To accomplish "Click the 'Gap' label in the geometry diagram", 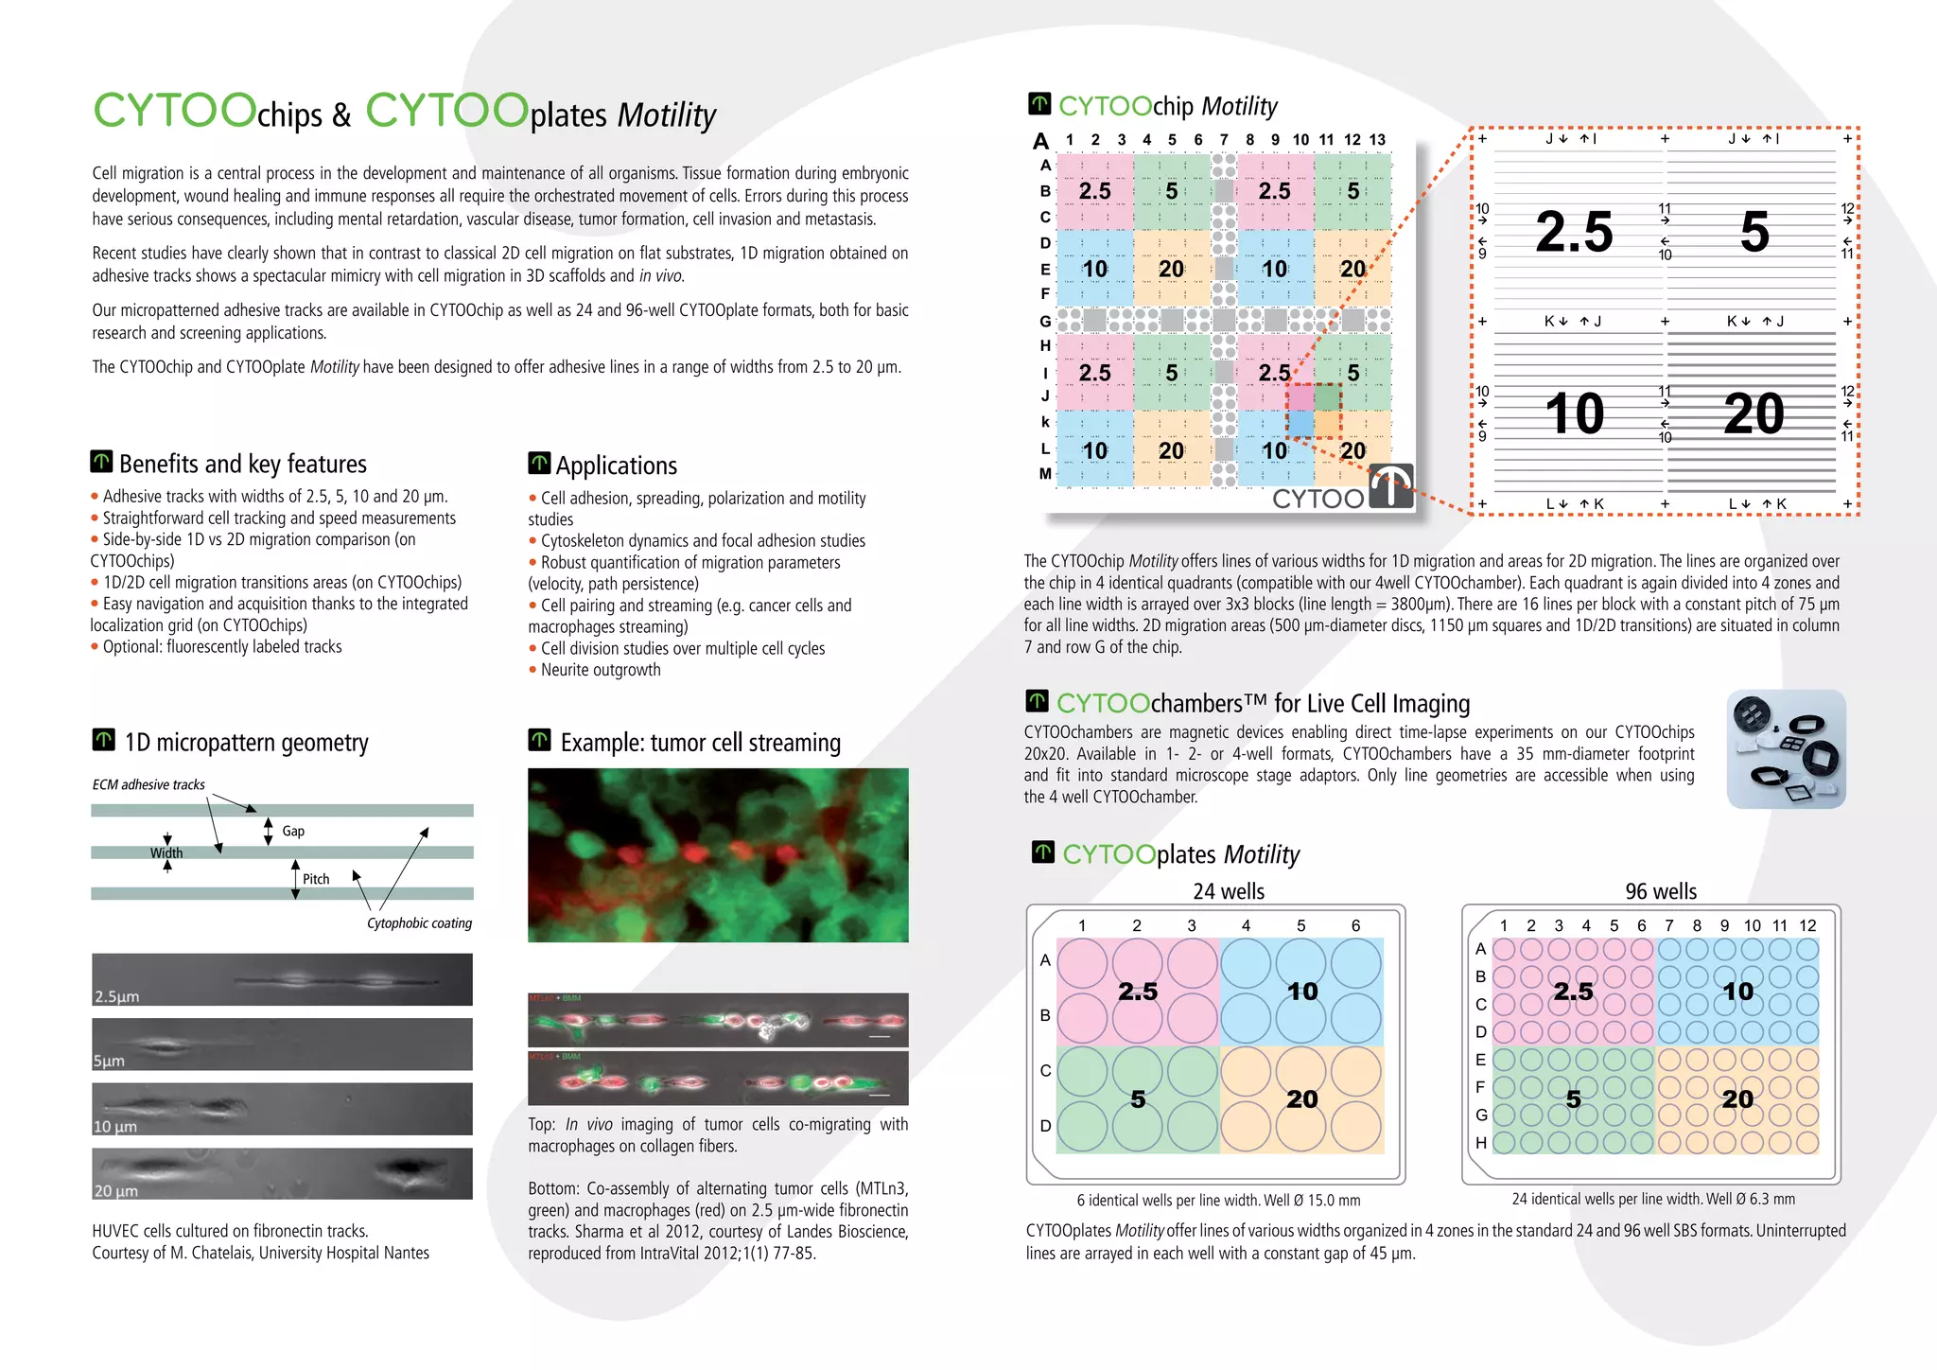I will [x=293, y=831].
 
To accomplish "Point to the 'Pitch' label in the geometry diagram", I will [x=316, y=879].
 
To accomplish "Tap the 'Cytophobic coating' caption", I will [x=419, y=923].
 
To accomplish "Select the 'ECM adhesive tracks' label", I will [x=148, y=784].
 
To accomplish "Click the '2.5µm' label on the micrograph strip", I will [x=116, y=996].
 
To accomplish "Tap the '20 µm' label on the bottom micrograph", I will [x=115, y=1191].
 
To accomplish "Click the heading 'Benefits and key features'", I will [x=242, y=464].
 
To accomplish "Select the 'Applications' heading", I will [x=616, y=465].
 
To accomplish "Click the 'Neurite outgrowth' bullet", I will [x=601, y=670].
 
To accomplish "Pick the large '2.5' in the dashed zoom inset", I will [x=1574, y=232].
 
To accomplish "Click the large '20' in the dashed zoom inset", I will [x=1754, y=413].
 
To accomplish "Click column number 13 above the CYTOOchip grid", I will [x=1377, y=140].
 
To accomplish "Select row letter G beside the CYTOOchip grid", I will [x=1045, y=321].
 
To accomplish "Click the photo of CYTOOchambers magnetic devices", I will [x=1786, y=748].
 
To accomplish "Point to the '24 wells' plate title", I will [x=1228, y=891].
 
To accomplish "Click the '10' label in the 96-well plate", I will [x=1738, y=991].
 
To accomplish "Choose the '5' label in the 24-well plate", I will [x=1138, y=1099].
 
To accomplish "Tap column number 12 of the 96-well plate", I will [x=1807, y=925].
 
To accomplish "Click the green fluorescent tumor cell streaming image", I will [x=718, y=855].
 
